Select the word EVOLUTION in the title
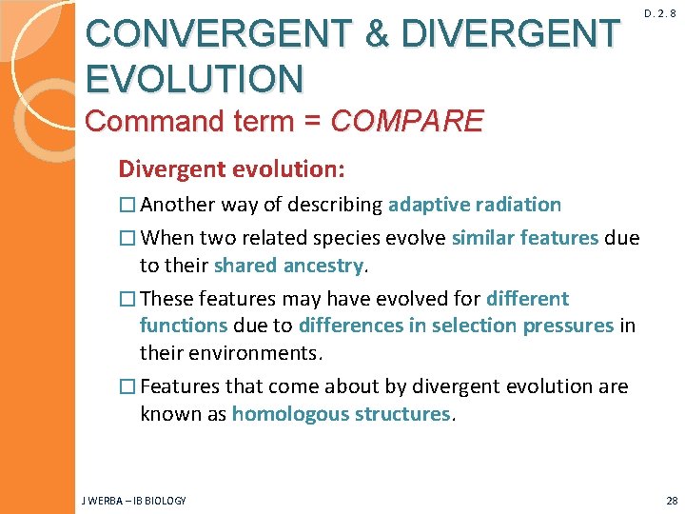click(194, 77)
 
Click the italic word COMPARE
click(407, 121)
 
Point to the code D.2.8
click(665, 14)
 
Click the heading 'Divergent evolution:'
click(231, 169)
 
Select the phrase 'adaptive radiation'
click(475, 205)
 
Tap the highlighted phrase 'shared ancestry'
click(289, 265)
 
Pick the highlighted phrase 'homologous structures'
click(342, 414)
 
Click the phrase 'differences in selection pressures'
click(456, 326)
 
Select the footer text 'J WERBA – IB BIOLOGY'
click(134, 501)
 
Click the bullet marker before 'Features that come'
click(127, 387)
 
